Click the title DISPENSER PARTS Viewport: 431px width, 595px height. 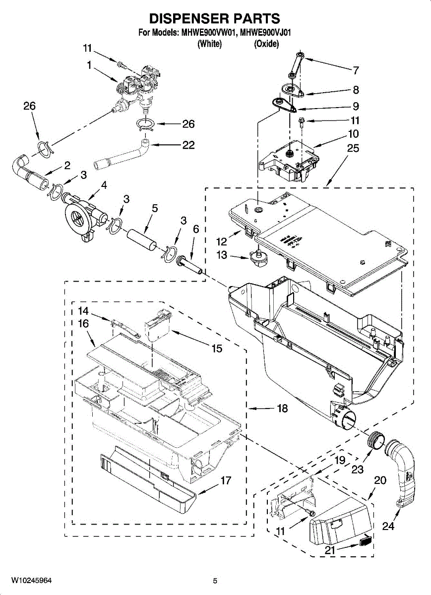pyautogui.click(x=215, y=19)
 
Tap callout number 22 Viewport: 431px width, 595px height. pyautogui.click(x=188, y=145)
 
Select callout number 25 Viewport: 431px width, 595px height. pyautogui.click(x=354, y=148)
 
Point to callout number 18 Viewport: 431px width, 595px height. pyautogui.click(x=282, y=409)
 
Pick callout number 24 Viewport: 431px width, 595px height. pyautogui.click(x=388, y=526)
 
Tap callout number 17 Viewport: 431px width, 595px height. pyautogui.click(x=226, y=480)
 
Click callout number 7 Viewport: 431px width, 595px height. pyautogui.click(x=356, y=70)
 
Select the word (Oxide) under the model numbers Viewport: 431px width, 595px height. pyautogui.click(x=266, y=44)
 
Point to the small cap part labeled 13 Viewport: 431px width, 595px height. pyautogui.click(x=257, y=257)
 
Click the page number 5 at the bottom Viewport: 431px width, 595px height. pyautogui.click(x=215, y=581)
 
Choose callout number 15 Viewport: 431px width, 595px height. pyautogui.click(x=217, y=349)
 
